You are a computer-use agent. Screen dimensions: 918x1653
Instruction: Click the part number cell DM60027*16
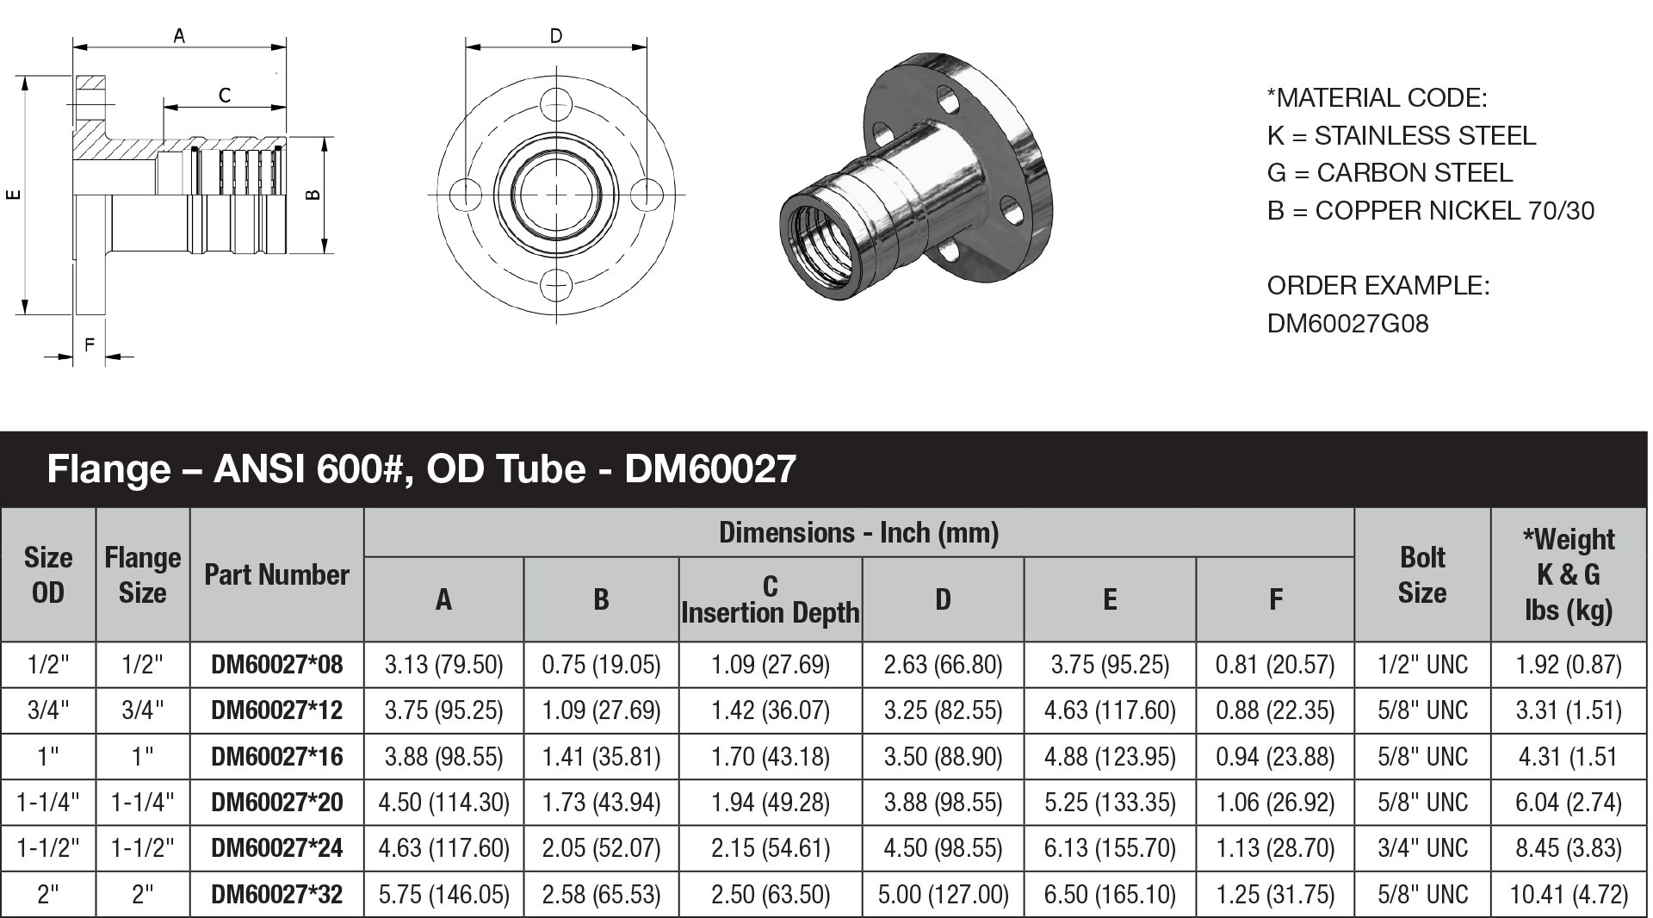pyautogui.click(x=276, y=757)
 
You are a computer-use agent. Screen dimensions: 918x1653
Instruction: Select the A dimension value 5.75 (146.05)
pyautogui.click(x=443, y=895)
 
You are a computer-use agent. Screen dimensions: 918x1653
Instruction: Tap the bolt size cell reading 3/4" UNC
pyautogui.click(x=1421, y=848)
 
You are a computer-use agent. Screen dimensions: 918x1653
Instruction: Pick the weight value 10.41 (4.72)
pyautogui.click(x=1568, y=895)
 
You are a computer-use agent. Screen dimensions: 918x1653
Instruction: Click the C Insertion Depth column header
pyautogui.click(x=770, y=599)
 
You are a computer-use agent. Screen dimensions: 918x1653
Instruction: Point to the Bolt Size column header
pyautogui.click(x=1421, y=574)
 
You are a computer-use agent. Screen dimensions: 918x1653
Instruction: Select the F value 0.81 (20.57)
pyautogui.click(x=1274, y=665)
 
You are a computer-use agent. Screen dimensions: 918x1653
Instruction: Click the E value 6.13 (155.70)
pyautogui.click(x=1109, y=848)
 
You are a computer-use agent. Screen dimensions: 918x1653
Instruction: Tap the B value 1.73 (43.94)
pyautogui.click(x=601, y=803)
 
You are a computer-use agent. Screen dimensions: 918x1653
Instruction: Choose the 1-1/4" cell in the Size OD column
pyautogui.click(x=48, y=803)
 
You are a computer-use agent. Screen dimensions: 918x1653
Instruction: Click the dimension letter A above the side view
pyautogui.click(x=179, y=36)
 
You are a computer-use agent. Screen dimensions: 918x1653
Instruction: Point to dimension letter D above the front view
pyautogui.click(x=555, y=36)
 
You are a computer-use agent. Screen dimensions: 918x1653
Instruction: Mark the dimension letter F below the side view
pyautogui.click(x=89, y=345)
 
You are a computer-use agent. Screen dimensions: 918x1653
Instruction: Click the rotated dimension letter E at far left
pyautogui.click(x=12, y=195)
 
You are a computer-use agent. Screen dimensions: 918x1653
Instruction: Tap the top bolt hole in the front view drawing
pyautogui.click(x=556, y=108)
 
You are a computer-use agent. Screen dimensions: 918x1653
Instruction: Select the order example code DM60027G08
pyautogui.click(x=1347, y=324)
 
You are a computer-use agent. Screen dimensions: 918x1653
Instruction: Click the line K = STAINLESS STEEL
pyautogui.click(x=1401, y=136)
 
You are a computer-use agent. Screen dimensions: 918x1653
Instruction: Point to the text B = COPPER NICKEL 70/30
pyautogui.click(x=1430, y=211)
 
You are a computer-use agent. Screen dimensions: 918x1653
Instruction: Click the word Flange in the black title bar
pyautogui.click(x=108, y=469)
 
